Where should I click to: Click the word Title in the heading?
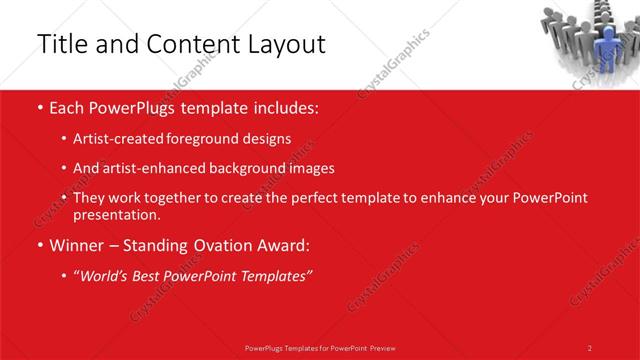(61, 44)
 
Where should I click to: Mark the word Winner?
(78, 245)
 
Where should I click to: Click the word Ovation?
(222, 245)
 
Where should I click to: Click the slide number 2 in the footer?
(590, 347)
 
